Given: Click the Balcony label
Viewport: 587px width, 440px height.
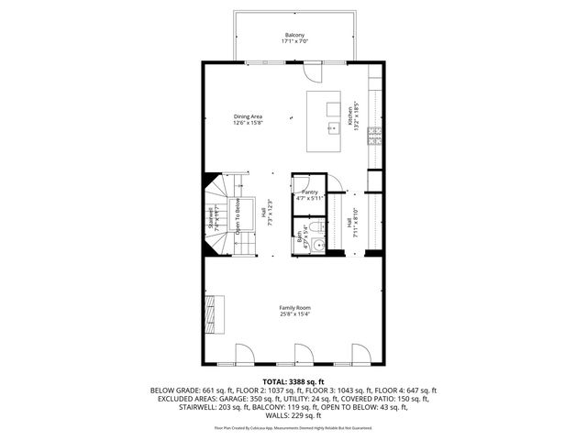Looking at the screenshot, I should coord(293,35).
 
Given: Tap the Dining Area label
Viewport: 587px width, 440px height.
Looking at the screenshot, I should coord(248,117).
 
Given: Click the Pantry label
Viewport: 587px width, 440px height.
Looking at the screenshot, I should coord(309,192).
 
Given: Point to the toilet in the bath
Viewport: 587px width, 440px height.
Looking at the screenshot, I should coord(315,226).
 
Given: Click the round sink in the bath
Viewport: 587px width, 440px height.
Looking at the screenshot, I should coord(317,245).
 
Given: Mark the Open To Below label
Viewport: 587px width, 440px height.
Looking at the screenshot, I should coord(237,217).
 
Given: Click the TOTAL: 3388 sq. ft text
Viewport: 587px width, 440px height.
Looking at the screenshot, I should coord(293,381).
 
